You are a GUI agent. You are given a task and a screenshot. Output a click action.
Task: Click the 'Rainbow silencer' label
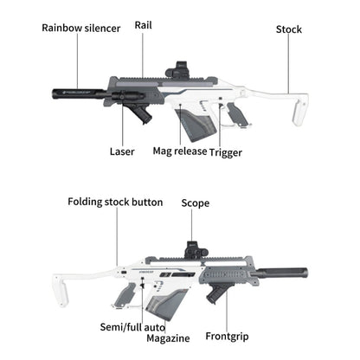point(82,28)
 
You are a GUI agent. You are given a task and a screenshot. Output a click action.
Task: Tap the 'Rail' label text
point(143,25)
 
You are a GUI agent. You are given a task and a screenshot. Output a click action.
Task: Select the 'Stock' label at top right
point(288,29)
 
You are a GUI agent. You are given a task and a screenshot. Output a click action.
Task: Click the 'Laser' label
point(122,151)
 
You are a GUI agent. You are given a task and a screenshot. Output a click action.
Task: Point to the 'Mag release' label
point(180,151)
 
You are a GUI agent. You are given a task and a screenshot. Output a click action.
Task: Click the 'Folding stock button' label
point(115,202)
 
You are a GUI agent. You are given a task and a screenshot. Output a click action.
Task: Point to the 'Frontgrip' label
point(228,336)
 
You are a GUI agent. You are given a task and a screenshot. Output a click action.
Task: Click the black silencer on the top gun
point(79,91)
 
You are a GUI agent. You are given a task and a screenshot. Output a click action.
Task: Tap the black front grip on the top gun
point(140,113)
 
